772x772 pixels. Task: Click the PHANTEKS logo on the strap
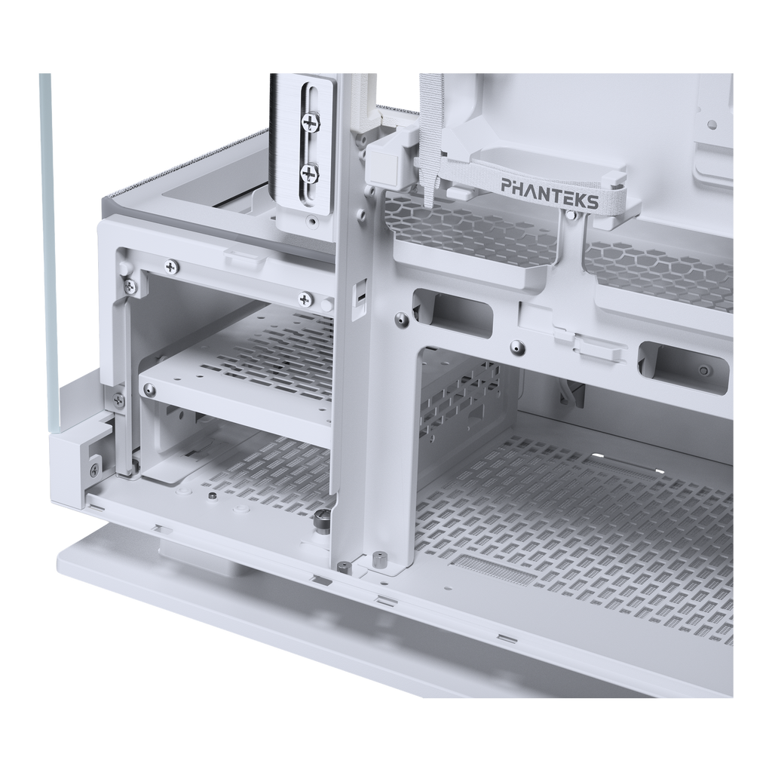(550, 193)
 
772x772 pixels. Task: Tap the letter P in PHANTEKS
(507, 185)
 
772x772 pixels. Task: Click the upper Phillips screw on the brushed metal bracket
(310, 121)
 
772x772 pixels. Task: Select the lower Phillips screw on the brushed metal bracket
(308, 173)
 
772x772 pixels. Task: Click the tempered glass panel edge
(47, 247)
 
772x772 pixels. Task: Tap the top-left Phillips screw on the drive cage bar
(171, 266)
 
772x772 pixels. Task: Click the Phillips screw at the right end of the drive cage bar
(306, 298)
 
